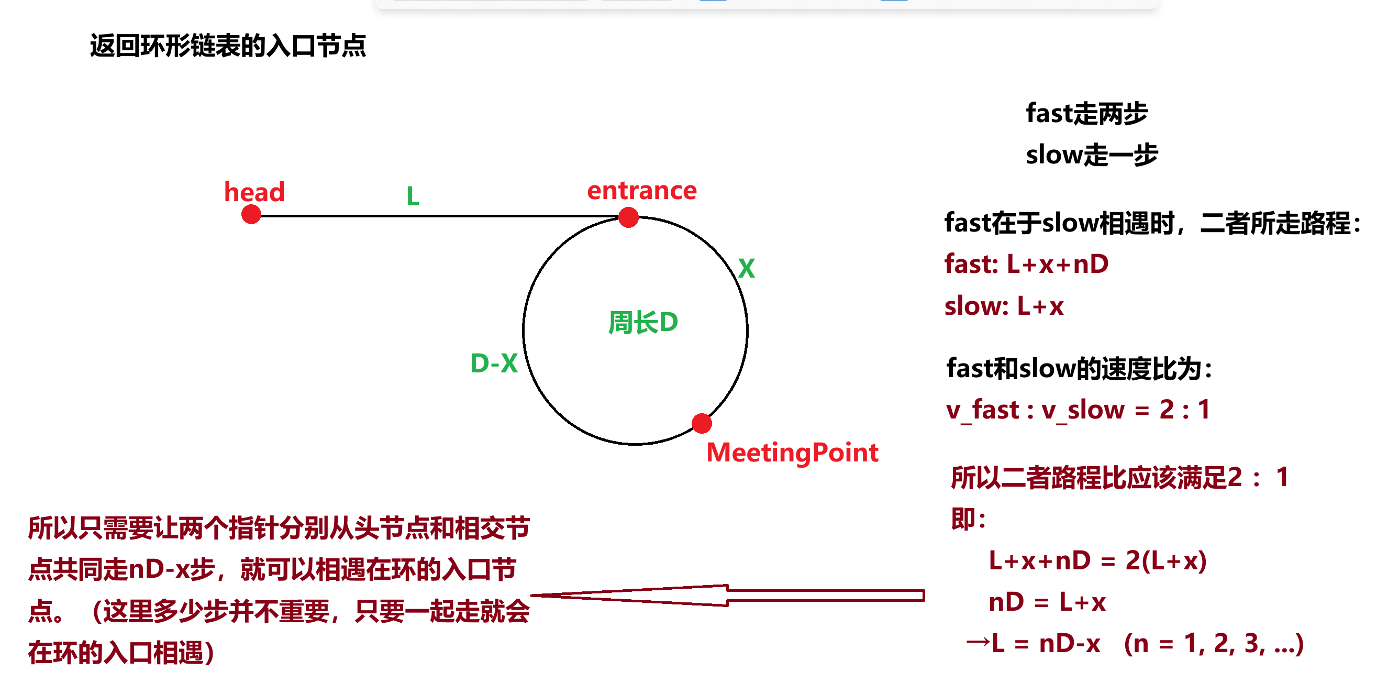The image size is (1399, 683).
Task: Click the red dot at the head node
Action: pyautogui.click(x=251, y=215)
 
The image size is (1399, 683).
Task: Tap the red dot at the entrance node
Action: pyautogui.click(x=628, y=218)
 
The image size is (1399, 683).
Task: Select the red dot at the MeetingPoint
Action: pyautogui.click(x=702, y=424)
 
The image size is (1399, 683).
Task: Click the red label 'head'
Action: pyautogui.click(x=254, y=192)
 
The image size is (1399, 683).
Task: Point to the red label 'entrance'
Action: pyautogui.click(x=641, y=190)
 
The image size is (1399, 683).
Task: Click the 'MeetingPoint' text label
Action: pyautogui.click(x=792, y=453)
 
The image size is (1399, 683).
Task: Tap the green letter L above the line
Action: pyautogui.click(x=413, y=196)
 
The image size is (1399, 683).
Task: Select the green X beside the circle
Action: pyautogui.click(x=746, y=268)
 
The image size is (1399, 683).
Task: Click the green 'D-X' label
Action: pyautogui.click(x=494, y=363)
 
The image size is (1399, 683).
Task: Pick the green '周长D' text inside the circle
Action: pyautogui.click(x=643, y=322)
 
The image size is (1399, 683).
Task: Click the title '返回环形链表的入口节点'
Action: pyautogui.click(x=228, y=46)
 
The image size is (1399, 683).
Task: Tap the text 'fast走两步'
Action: pyautogui.click(x=1086, y=114)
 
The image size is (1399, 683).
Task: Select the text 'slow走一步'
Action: pyautogui.click(x=1092, y=155)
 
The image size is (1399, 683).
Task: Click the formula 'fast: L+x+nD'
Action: pyautogui.click(x=1026, y=264)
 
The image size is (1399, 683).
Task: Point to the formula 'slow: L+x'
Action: pyautogui.click(x=1004, y=306)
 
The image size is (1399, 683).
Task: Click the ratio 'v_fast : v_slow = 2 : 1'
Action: pyautogui.click(x=1078, y=410)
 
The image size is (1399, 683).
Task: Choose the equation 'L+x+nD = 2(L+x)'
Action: pyautogui.click(x=1097, y=561)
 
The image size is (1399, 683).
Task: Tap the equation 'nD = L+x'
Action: pyautogui.click(x=1047, y=602)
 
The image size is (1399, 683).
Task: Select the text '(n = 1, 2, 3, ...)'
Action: pyautogui.click(x=1213, y=644)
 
